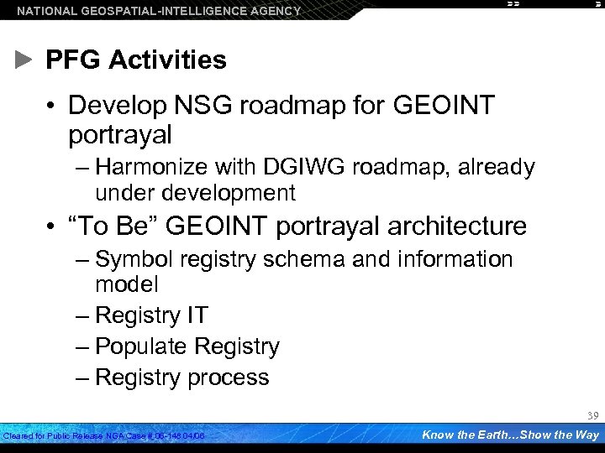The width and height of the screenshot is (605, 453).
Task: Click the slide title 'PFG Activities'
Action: click(135, 60)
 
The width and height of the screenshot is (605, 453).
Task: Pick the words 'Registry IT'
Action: click(152, 315)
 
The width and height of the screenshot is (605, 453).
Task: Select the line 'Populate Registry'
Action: click(187, 346)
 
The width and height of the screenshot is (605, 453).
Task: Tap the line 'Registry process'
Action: click(182, 377)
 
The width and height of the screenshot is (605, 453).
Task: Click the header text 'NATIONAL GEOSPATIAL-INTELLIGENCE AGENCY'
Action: click(159, 11)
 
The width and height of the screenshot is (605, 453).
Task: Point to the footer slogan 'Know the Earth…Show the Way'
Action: click(510, 435)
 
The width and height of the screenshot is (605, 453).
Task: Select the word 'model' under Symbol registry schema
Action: click(127, 284)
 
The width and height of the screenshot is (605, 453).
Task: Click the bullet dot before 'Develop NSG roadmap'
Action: click(52, 107)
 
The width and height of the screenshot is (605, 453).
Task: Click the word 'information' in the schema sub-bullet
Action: click(453, 259)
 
